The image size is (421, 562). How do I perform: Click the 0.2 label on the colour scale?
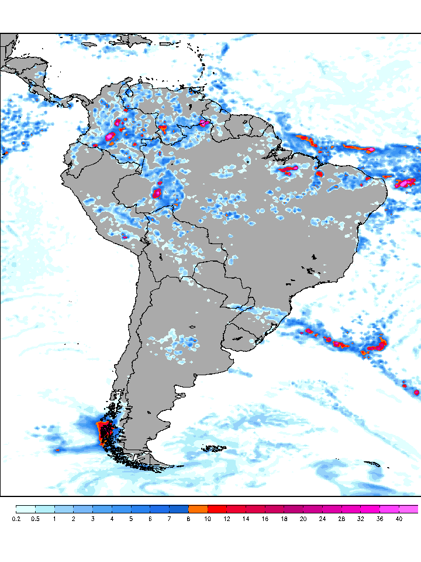[x=16, y=519]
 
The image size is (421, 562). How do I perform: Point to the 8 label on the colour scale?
[x=188, y=519]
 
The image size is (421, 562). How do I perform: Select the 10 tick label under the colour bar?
[x=208, y=519]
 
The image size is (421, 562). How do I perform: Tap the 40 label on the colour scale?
[x=399, y=519]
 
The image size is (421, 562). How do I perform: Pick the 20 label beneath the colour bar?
[x=303, y=519]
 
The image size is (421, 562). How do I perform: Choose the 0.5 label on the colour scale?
[x=35, y=519]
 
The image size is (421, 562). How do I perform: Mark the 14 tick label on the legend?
[x=246, y=519]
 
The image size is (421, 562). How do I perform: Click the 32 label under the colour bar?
[x=361, y=519]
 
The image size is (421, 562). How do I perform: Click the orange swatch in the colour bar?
[x=198, y=509]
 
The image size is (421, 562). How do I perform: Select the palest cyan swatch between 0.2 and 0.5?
[x=26, y=509]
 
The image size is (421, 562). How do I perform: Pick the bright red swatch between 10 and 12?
[x=217, y=509]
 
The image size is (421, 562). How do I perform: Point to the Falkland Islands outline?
[x=214, y=449]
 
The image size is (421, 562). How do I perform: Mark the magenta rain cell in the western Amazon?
[x=157, y=193]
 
